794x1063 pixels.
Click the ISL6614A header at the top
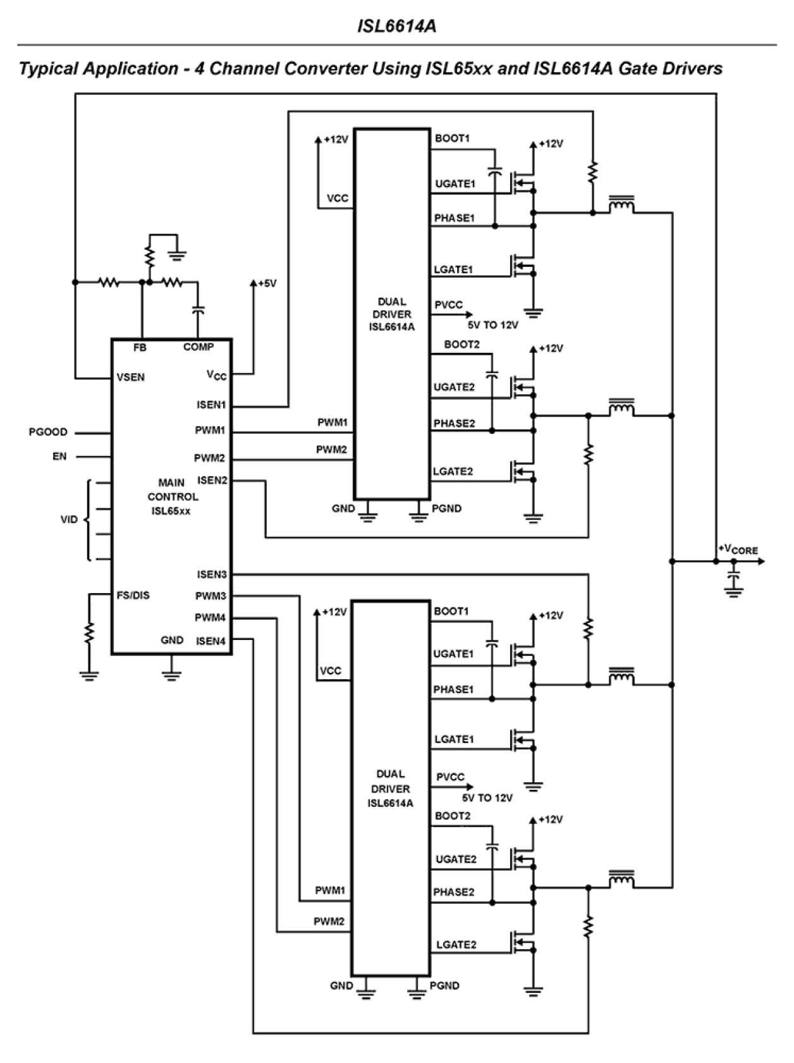[396, 26]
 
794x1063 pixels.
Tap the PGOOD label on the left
[48, 432]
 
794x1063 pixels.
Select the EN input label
[59, 456]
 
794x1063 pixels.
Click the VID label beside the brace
[69, 519]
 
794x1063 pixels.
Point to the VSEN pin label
[130, 377]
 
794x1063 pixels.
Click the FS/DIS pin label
[133, 595]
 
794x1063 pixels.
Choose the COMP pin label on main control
[198, 347]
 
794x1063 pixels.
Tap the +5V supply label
[267, 283]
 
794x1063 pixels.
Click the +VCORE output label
[738, 549]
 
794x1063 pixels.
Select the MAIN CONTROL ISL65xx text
[172, 496]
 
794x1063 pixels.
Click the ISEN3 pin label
[211, 574]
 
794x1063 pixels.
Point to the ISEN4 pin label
[211, 641]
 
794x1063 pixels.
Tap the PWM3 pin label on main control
[210, 596]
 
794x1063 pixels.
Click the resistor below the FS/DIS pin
[89, 632]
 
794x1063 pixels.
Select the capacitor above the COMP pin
[198, 310]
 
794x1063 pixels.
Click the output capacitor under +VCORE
[733, 579]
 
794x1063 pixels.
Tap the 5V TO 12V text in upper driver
[492, 325]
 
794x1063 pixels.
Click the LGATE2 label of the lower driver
[456, 945]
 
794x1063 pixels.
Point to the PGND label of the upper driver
[446, 508]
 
